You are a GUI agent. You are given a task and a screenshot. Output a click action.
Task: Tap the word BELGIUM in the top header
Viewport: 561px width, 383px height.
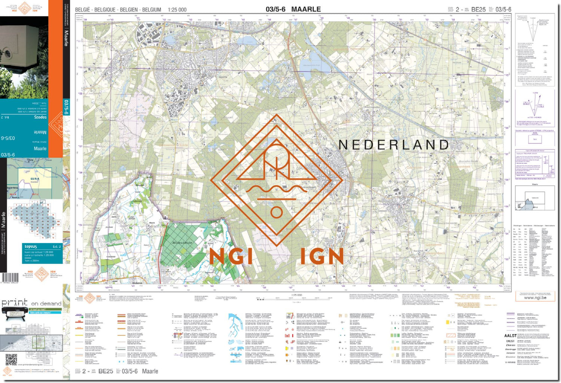click(x=151, y=10)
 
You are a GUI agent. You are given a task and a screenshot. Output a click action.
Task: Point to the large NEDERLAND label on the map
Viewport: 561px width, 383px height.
click(x=393, y=145)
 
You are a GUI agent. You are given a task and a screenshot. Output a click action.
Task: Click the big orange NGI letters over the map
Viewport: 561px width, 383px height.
click(x=231, y=257)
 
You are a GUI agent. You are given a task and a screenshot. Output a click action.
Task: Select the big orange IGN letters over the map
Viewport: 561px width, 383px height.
click(x=322, y=257)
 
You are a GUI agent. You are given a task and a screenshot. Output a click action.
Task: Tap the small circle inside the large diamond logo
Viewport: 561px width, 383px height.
click(x=276, y=212)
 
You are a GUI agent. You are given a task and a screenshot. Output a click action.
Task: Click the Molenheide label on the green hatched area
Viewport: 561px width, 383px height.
click(x=182, y=243)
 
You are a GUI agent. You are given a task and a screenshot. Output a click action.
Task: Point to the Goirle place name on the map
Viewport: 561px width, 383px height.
click(x=223, y=77)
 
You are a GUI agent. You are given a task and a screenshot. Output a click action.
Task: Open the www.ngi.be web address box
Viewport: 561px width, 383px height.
click(x=535, y=297)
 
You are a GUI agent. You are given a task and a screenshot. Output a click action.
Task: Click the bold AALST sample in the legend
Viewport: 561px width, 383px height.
click(x=510, y=335)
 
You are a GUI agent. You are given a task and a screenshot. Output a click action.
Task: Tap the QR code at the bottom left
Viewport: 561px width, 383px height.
click(x=11, y=360)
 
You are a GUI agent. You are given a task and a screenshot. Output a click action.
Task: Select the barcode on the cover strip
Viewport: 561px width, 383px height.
click(x=10, y=278)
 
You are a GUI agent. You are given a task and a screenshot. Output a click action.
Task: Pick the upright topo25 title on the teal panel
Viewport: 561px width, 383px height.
click(x=31, y=246)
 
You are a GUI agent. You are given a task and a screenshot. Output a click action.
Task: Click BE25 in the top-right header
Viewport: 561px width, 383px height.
click(x=478, y=10)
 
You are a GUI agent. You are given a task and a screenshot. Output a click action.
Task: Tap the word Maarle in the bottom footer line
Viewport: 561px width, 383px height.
click(x=150, y=371)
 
